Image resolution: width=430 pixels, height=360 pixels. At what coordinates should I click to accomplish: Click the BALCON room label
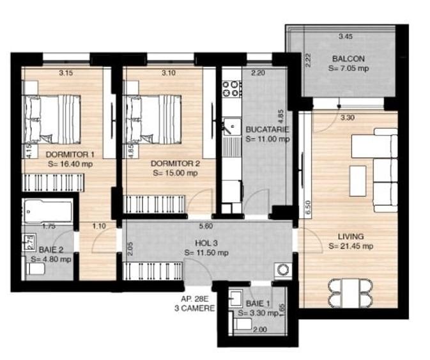coord(348,58)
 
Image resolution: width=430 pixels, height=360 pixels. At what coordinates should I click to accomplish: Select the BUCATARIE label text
coord(267,129)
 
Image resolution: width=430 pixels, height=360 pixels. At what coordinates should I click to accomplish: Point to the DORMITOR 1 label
coord(70,154)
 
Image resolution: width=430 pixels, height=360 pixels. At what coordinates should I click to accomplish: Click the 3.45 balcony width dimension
coord(346,36)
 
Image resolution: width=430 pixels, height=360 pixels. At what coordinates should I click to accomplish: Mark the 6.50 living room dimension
coord(308,206)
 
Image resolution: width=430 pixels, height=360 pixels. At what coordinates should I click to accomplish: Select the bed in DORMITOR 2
coord(153,119)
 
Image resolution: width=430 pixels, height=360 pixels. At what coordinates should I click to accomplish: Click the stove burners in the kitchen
coord(231,88)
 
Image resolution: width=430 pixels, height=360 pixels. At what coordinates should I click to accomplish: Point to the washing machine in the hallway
coord(281,269)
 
